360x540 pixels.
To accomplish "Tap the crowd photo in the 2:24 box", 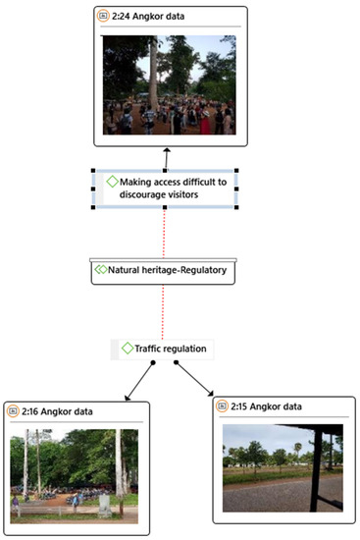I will tap(169, 85).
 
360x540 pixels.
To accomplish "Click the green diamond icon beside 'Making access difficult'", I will tap(112, 182).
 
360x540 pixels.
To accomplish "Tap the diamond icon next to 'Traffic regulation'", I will tap(126, 349).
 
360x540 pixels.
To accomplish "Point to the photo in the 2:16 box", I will tap(75, 472).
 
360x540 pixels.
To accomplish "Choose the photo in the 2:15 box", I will tap(283, 467).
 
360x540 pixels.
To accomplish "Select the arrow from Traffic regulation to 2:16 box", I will tap(140, 383).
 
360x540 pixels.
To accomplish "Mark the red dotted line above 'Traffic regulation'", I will tap(163, 311).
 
